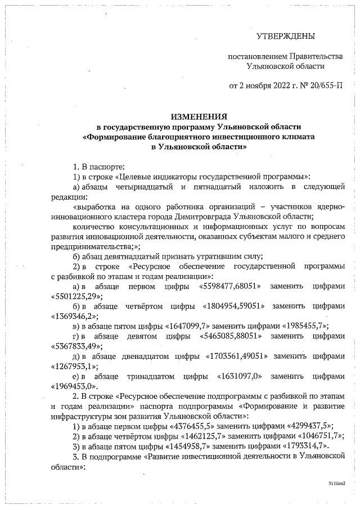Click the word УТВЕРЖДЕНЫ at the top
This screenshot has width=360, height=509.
(x=285, y=37)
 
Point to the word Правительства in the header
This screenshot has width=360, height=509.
(x=316, y=57)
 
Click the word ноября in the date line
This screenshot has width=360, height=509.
(x=258, y=86)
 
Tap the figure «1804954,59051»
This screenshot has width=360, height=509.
(x=237, y=307)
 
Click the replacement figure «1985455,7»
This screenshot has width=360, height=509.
(x=298, y=326)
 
